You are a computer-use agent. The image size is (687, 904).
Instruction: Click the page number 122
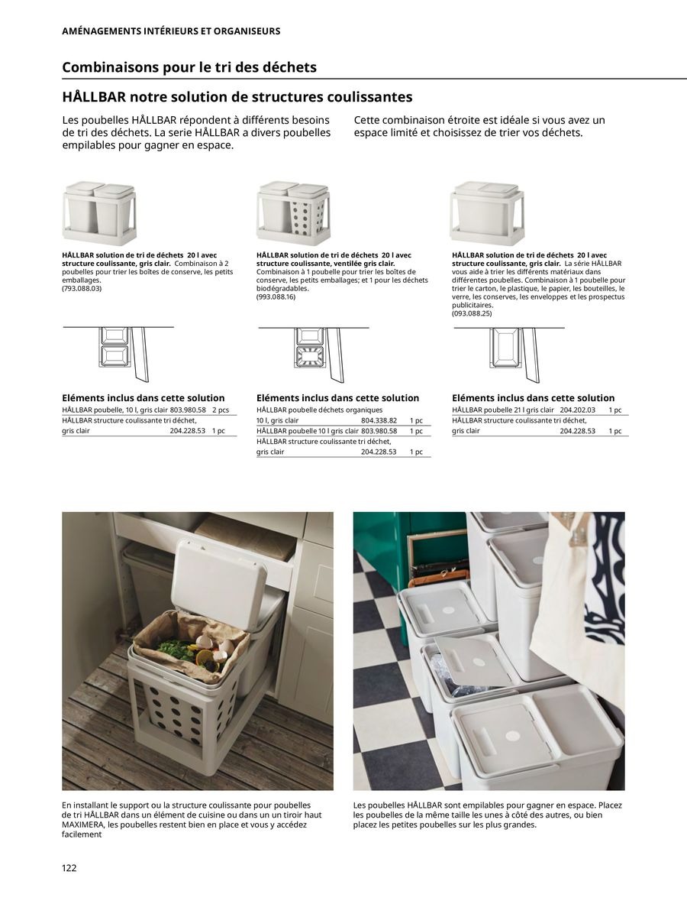(x=69, y=867)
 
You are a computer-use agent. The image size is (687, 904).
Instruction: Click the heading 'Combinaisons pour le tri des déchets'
(x=189, y=67)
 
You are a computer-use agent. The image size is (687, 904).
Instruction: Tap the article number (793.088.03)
(x=82, y=288)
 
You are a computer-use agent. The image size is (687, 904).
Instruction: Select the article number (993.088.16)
(x=276, y=296)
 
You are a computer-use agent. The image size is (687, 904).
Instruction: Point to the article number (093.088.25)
(x=472, y=313)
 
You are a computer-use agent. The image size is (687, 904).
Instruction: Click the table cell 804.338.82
(x=379, y=420)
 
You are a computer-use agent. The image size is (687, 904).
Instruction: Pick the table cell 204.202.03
(x=577, y=410)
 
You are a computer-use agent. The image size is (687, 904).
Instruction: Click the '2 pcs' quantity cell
(x=220, y=410)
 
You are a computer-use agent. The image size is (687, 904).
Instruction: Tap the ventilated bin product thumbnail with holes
(x=294, y=213)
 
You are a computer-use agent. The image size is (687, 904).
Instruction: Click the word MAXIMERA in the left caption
(x=84, y=825)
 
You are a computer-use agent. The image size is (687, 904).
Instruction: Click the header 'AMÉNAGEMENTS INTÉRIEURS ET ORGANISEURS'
(x=171, y=31)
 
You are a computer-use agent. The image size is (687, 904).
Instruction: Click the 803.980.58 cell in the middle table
(x=379, y=431)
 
